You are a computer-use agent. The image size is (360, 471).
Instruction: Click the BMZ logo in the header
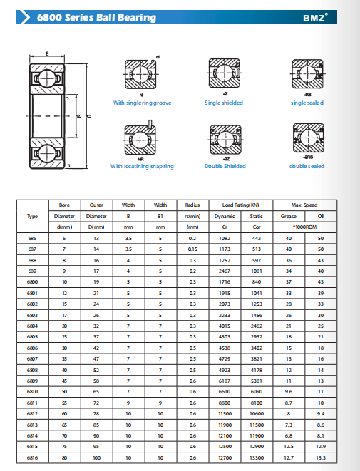315,17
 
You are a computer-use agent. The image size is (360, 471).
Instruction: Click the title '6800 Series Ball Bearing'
96,17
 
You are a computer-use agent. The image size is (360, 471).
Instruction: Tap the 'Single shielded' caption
224,103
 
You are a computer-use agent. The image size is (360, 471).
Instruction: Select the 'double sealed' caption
307,166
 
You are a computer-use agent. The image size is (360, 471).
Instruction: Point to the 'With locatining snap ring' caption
142,166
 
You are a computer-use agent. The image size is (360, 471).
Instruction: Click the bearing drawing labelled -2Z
226,140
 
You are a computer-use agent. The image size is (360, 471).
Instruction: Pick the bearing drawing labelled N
141,74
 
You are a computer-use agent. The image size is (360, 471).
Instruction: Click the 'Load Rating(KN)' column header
241,205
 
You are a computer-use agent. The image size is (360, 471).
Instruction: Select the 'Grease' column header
289,217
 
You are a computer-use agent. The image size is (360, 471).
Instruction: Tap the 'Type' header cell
32,217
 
